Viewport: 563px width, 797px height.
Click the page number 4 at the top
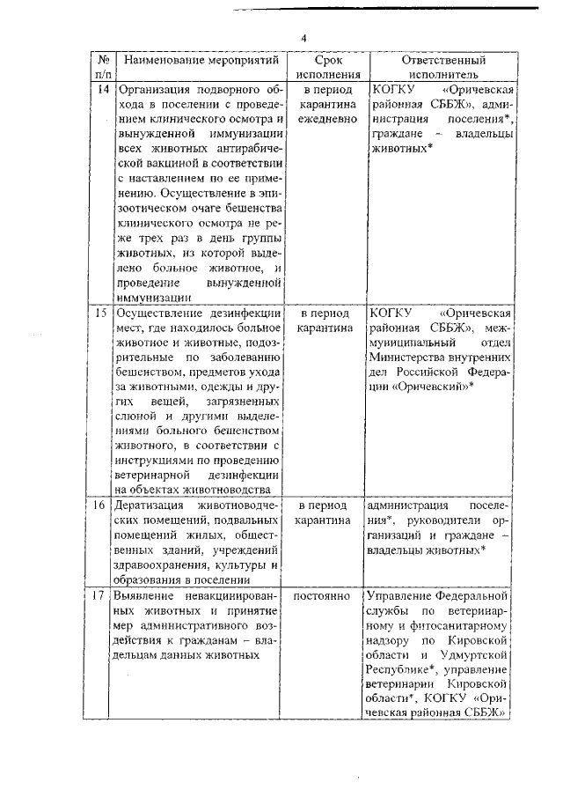tap(303, 39)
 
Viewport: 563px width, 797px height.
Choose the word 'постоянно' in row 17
tap(327, 596)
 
